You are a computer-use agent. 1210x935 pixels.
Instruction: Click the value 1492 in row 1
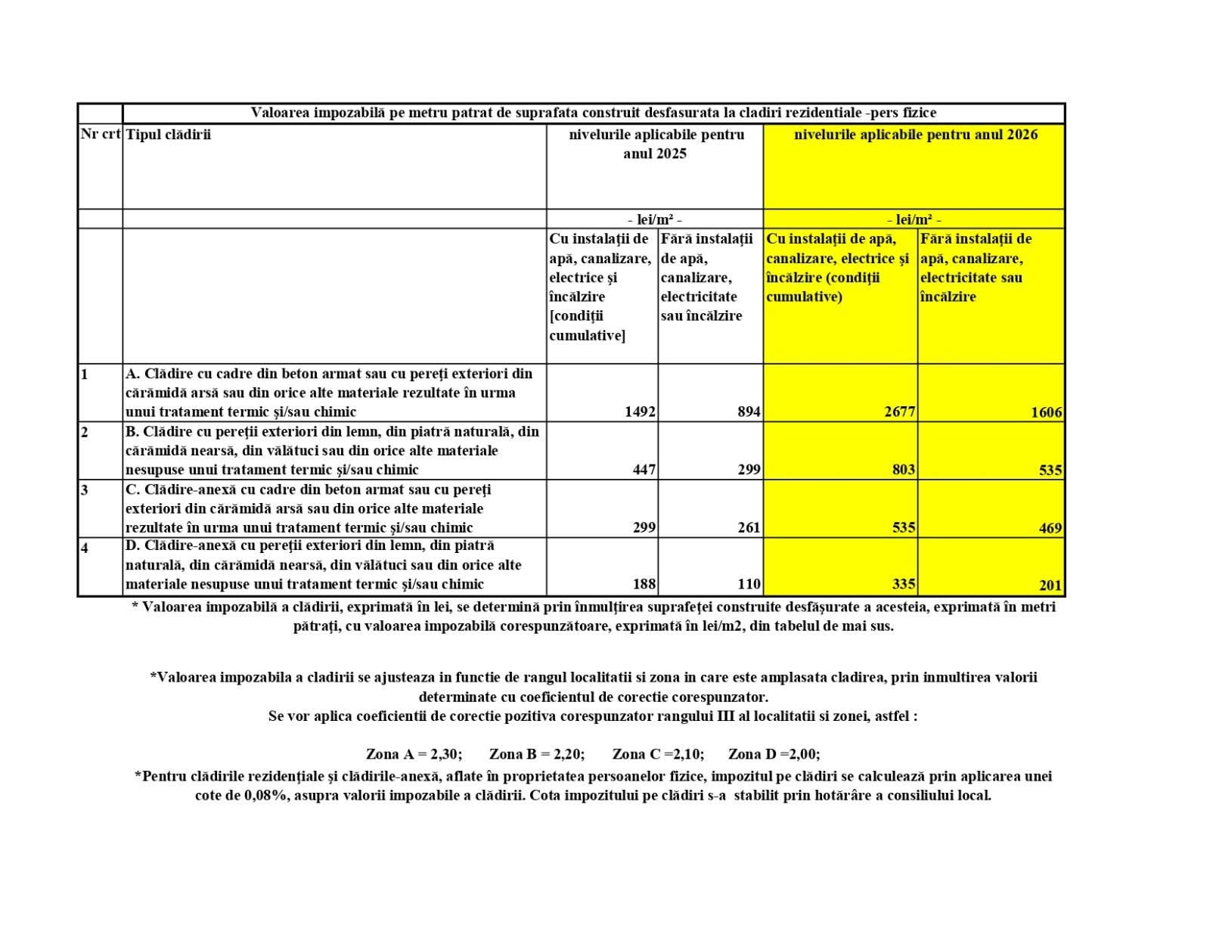[640, 412]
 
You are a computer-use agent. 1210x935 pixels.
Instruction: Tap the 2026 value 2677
[900, 412]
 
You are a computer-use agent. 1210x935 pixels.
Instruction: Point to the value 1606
[1047, 412]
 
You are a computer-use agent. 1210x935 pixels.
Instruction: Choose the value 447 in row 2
[644, 470]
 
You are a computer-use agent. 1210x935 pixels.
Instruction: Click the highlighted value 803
[904, 470]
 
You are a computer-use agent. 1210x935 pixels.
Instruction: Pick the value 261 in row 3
[749, 527]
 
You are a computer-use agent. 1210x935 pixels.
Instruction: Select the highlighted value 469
[1050, 528]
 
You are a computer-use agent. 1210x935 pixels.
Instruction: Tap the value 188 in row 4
[644, 584]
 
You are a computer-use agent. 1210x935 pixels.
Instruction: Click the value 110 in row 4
[749, 584]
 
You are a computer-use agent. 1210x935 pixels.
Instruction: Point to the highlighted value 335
[904, 584]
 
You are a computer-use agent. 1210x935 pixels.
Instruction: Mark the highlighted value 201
[1050, 585]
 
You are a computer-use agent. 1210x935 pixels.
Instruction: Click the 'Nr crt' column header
[101, 135]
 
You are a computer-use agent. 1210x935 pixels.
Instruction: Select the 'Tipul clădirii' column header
[168, 135]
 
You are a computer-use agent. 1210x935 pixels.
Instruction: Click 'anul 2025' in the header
[655, 154]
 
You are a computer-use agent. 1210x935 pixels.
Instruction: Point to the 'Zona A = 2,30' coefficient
[414, 754]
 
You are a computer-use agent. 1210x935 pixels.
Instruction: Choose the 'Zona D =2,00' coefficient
[774, 754]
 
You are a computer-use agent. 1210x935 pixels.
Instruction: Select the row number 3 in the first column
[85, 490]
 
